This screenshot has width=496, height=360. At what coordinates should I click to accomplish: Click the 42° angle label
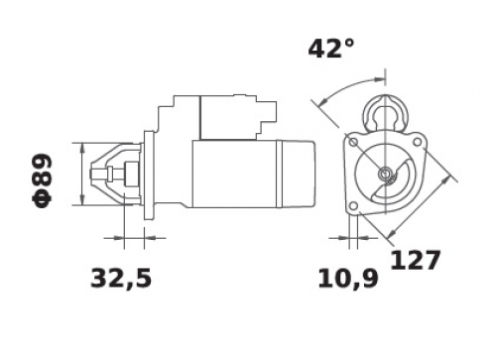331,49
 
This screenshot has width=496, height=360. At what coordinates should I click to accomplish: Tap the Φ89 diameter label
42,180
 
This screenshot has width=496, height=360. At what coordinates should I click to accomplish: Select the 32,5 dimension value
121,279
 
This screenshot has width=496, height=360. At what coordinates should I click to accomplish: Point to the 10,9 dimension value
348,279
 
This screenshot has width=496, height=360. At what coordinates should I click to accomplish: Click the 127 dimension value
416,260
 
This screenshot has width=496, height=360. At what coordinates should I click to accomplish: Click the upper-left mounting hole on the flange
353,143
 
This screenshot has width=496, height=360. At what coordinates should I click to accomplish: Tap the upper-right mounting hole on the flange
418,142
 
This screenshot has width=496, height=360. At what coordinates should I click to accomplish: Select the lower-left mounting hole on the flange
353,206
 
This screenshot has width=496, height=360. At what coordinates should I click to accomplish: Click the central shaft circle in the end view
385,173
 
